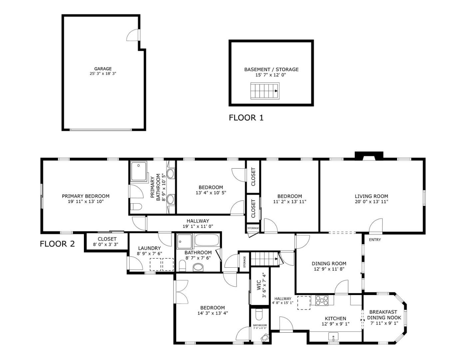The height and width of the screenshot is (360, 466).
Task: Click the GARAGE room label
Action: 103,69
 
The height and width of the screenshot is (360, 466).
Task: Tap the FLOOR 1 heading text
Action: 246,118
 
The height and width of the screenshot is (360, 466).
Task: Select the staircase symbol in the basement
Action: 265,91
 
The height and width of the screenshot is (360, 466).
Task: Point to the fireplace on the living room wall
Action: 369,156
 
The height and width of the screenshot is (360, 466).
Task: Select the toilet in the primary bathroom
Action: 136,207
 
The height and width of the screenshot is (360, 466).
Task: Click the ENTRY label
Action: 375,240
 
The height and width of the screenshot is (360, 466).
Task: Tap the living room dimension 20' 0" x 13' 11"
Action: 371,202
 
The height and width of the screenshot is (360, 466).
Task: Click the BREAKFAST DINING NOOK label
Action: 384,315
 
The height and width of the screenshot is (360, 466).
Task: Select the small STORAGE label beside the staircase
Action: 244,262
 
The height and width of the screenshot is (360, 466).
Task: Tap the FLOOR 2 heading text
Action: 57,244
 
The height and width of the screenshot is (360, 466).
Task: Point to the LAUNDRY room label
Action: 149,248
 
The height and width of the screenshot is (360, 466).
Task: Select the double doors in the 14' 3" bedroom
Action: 180,292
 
